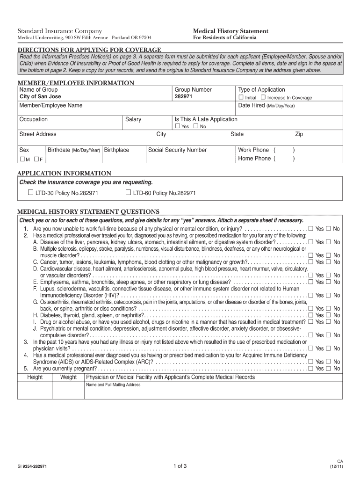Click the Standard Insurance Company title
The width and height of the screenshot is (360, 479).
(59, 30)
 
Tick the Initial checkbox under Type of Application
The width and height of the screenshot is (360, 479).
(241, 97)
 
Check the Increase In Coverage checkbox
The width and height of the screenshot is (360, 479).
(263, 97)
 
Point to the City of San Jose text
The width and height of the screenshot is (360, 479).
(40, 97)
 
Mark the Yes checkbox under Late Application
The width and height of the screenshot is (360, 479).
(177, 126)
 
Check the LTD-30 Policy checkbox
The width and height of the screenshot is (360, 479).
(30, 192)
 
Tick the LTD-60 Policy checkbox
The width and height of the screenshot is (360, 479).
(128, 192)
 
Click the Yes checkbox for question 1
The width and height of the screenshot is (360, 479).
(310, 228)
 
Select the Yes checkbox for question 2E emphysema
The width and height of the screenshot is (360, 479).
(310, 282)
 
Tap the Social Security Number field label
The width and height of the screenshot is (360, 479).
(177, 150)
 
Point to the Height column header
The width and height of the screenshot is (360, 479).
(35, 377)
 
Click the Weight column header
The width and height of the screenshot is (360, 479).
(69, 377)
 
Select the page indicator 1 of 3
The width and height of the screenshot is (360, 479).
(180, 465)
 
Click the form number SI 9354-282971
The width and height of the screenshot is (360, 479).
(32, 466)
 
